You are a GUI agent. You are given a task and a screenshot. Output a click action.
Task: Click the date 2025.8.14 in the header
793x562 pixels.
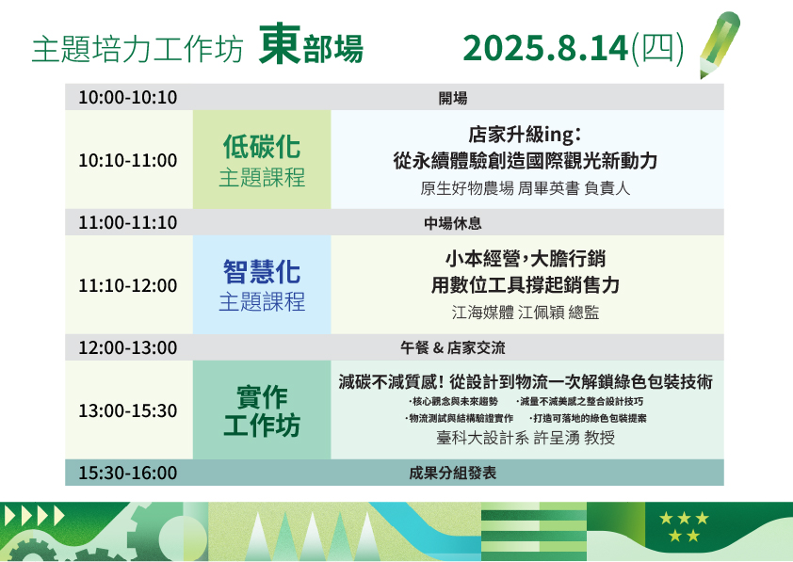[x=545, y=48]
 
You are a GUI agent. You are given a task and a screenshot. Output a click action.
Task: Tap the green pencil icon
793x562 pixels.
[x=720, y=45]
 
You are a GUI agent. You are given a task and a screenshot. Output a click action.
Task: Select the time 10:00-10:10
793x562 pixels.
[x=128, y=97]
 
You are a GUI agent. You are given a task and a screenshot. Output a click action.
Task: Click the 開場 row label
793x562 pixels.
[x=453, y=98]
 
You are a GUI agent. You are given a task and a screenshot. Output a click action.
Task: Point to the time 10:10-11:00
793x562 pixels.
[x=128, y=160]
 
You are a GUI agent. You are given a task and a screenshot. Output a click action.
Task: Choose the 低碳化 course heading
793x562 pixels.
[x=262, y=147]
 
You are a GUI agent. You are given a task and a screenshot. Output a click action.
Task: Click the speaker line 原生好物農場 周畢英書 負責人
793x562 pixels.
[x=525, y=188]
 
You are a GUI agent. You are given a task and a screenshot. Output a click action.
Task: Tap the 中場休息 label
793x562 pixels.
[x=453, y=223]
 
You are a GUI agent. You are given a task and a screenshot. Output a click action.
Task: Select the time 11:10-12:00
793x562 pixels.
[x=128, y=285]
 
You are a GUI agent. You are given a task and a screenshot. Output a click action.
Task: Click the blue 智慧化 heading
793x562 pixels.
[x=262, y=271]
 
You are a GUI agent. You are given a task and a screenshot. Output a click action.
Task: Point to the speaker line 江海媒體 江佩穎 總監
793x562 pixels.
[x=525, y=313]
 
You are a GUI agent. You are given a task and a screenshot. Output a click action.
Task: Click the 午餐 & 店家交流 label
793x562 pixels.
[x=453, y=347]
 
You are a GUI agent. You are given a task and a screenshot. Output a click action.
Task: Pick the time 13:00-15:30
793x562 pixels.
[x=128, y=410]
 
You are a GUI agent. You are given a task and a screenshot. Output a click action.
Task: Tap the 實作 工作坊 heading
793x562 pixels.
[x=262, y=410]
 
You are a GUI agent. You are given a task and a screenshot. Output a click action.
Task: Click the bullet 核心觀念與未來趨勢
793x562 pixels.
[x=453, y=401]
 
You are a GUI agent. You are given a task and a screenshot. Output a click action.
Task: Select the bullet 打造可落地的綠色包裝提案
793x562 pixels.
[x=588, y=419]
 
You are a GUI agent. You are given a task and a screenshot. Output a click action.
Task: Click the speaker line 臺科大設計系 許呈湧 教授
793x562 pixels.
[x=525, y=437]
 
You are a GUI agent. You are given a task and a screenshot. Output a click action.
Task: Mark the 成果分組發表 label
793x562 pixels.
[x=453, y=474]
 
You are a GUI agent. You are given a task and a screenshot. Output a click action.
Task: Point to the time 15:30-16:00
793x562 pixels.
[x=128, y=474]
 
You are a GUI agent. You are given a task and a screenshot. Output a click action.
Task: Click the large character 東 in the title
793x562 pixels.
[x=280, y=43]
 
